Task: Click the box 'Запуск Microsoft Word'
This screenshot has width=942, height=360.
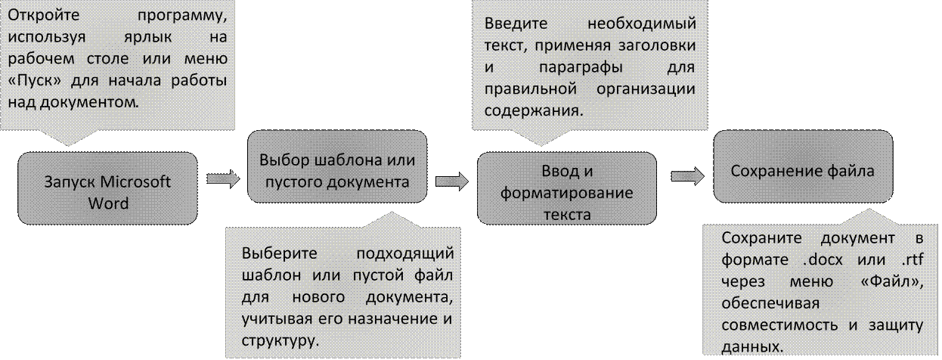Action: coord(107,193)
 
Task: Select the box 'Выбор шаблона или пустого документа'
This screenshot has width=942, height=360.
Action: coord(337,172)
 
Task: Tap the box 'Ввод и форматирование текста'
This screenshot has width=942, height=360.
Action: coord(566,193)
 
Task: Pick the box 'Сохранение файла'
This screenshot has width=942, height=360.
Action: coord(802,172)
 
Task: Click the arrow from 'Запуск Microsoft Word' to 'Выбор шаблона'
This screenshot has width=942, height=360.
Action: coord(225,178)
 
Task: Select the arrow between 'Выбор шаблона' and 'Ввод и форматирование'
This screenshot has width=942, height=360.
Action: coord(453,182)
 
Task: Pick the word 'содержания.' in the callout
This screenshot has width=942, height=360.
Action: coord(532,111)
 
